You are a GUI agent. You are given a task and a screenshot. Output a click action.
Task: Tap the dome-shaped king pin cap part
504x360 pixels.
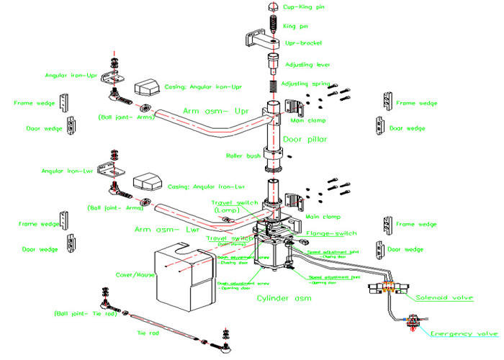point(273,8)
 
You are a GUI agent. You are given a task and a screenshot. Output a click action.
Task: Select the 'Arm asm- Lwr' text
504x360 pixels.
point(166,230)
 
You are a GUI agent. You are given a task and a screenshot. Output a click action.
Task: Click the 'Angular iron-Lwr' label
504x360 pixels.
point(68,171)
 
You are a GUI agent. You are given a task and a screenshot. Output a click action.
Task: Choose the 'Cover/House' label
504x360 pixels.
point(135,274)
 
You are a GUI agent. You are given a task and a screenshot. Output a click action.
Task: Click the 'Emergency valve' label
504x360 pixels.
point(464,334)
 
